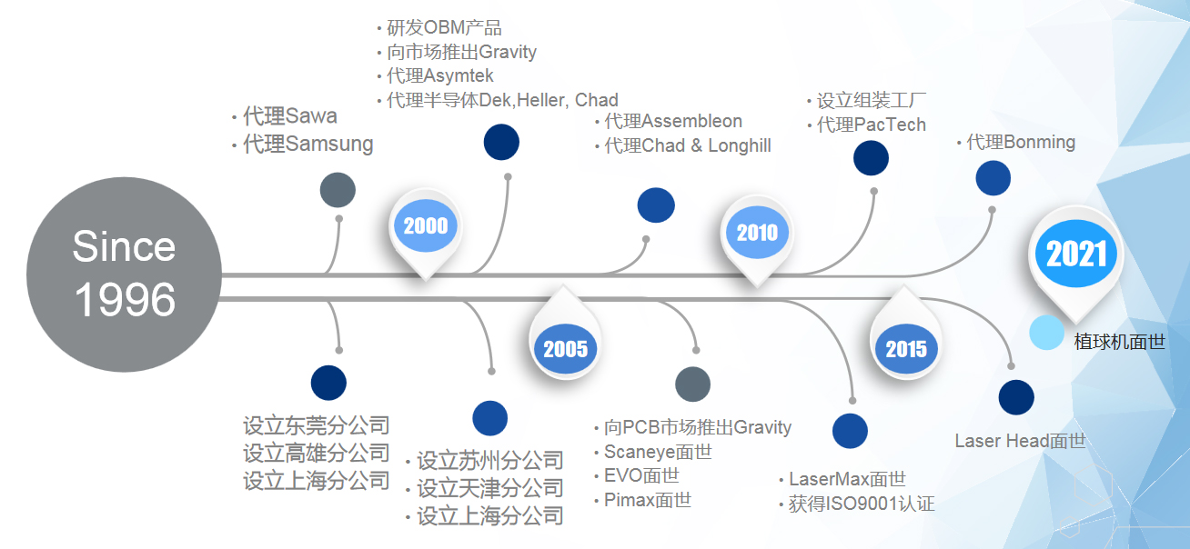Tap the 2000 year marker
click(x=425, y=226)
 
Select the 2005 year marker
click(x=565, y=349)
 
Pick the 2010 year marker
click(x=757, y=234)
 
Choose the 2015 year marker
click(x=905, y=349)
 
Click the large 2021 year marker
click(x=1076, y=255)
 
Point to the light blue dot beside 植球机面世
click(x=1047, y=333)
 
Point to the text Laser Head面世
click(x=1020, y=442)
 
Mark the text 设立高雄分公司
click(x=316, y=453)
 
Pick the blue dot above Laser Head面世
click(x=1016, y=398)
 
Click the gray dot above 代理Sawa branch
click(x=338, y=189)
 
